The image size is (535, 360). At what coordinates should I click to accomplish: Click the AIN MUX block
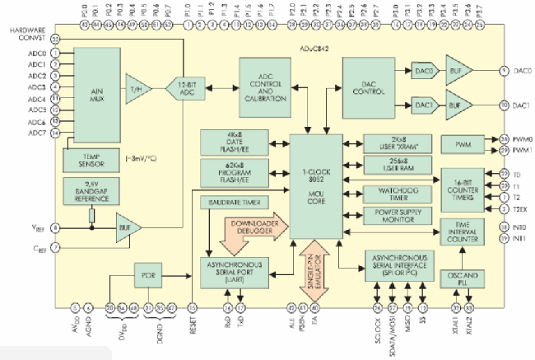pyautogui.click(x=97, y=91)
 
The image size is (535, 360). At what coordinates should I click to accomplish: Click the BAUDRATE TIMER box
pyautogui.click(x=233, y=203)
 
